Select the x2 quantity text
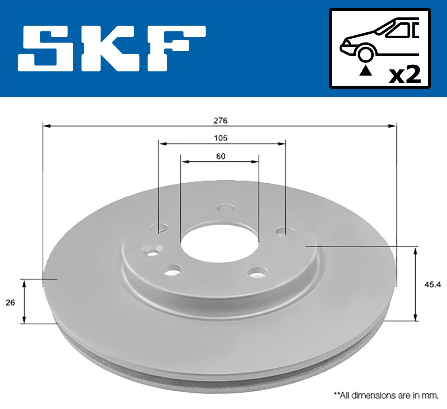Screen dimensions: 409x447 [x=405, y=75]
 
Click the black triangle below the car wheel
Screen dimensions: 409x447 [x=365, y=70]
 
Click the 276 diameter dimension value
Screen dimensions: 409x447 [x=220, y=120]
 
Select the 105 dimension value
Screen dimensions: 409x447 [x=221, y=138]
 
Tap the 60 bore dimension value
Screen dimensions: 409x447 [x=221, y=156]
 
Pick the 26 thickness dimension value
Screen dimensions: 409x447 [x=10, y=303]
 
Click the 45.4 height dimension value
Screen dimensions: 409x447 [x=432, y=285]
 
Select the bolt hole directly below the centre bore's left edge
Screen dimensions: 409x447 [x=172, y=270]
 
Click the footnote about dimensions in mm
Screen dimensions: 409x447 [x=386, y=395]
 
